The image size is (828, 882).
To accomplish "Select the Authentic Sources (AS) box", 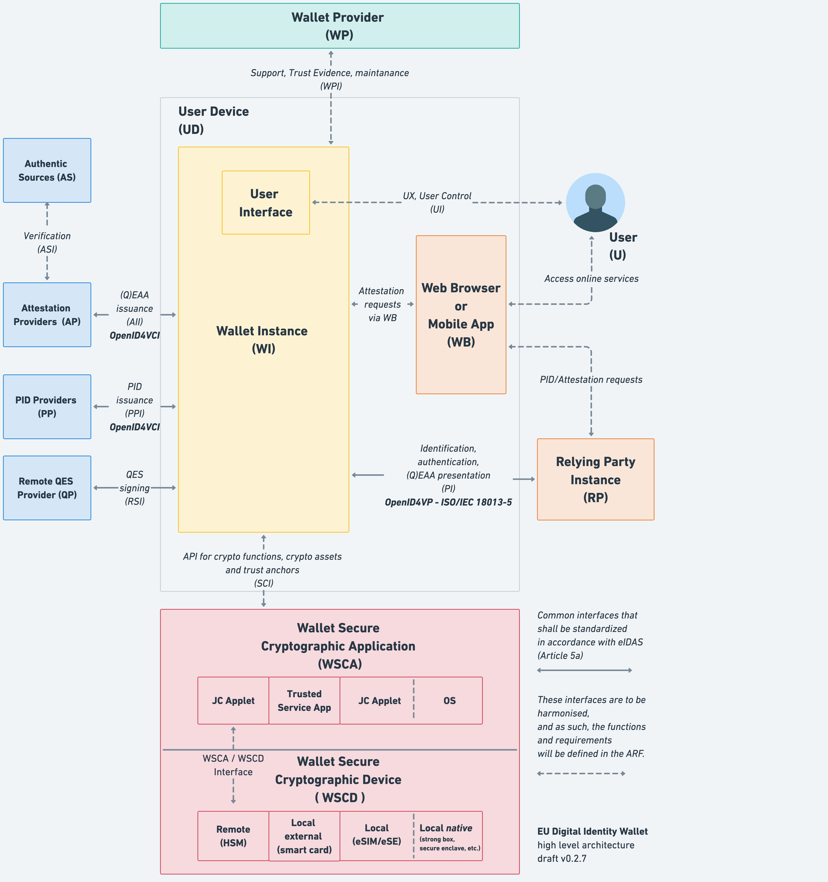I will (47, 170).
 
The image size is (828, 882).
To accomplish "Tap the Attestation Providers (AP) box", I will (47, 315).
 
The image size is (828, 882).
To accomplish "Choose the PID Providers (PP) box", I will (47, 406).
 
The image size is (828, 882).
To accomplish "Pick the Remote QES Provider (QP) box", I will (47, 488).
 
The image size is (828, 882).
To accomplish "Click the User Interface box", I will (266, 203).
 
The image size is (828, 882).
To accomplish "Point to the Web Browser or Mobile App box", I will (461, 315).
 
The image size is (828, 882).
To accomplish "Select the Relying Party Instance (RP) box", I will (595, 479).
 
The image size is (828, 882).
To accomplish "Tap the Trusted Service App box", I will (304, 701).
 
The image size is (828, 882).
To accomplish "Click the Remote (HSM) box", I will (233, 836).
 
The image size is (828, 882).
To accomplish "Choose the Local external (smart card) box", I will (304, 836).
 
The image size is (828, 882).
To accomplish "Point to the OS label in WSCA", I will (449, 701).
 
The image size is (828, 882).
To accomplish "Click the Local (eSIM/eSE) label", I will (377, 834).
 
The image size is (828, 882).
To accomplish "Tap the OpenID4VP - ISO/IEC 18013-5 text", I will (448, 502).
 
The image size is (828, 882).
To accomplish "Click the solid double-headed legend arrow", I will (584, 670).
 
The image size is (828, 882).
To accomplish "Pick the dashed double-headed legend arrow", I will (581, 773).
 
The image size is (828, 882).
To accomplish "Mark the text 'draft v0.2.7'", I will (562, 858).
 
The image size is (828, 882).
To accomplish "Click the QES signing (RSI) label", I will (134, 488).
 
